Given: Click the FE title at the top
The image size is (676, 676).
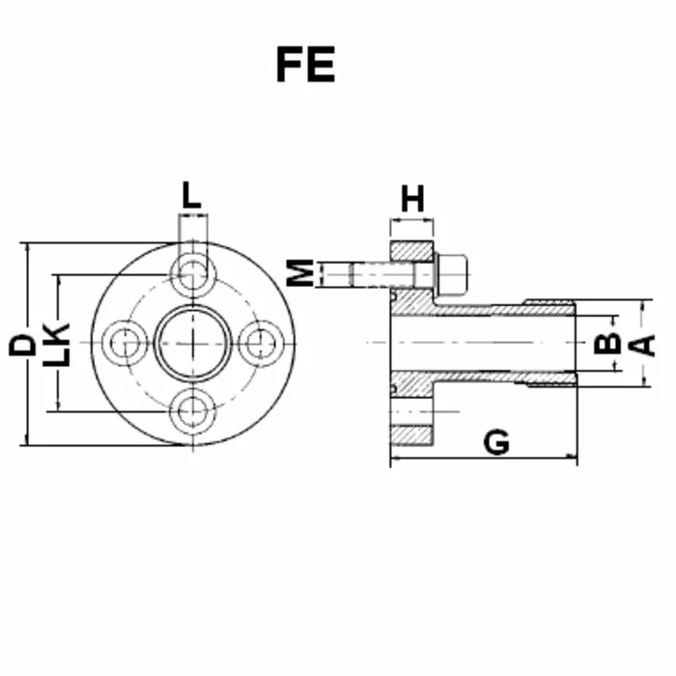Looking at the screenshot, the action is pyautogui.click(x=306, y=65).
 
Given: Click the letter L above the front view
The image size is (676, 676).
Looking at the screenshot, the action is pyautogui.click(x=192, y=195).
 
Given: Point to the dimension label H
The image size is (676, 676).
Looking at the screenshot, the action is pyautogui.click(x=412, y=199).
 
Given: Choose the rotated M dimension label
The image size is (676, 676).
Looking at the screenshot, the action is pyautogui.click(x=300, y=273).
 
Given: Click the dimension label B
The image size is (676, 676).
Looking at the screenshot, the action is pyautogui.click(x=607, y=344).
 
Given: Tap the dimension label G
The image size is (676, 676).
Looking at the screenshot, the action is pyautogui.click(x=496, y=442).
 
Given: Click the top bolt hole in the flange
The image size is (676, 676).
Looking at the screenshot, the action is pyautogui.click(x=193, y=274).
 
